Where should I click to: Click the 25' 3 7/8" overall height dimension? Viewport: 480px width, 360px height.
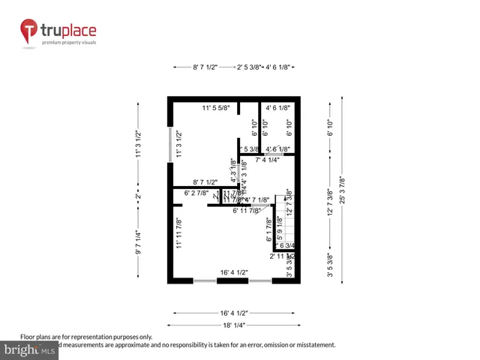pos(342,191)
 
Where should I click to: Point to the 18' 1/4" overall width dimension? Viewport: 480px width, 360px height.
pos(234,325)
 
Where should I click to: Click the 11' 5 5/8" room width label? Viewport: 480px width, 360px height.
pos(216,109)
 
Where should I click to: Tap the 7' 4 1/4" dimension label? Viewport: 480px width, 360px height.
pos(268,160)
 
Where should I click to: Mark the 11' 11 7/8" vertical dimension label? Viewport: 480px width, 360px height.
pos(179,232)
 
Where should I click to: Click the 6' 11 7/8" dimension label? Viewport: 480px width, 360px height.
pos(246,211)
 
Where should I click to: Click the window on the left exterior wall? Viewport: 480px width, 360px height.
pos(170,145)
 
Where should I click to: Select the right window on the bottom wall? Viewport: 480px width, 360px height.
pos(259,280)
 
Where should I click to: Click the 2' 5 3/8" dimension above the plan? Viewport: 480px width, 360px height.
pos(249,67)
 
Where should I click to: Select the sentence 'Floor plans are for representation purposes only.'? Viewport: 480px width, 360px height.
pos(86,337)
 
